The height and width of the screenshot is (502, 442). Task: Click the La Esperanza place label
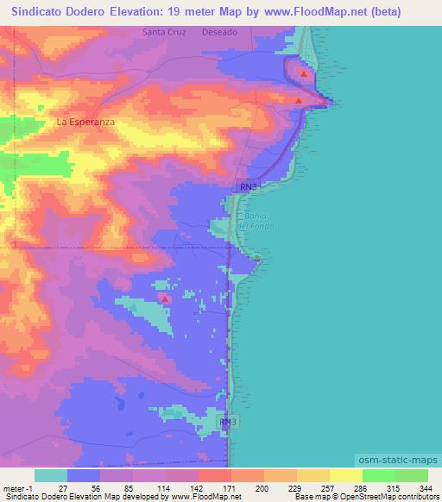tap(85, 122)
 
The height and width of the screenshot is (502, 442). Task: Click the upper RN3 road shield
tap(249, 186)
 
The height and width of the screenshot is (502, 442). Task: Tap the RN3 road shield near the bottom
tap(227, 422)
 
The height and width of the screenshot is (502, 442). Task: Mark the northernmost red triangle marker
tap(304, 73)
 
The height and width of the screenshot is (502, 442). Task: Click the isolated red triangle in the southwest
tap(164, 298)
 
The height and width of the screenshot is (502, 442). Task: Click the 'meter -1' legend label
tap(16, 487)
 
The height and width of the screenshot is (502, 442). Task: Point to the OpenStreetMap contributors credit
tap(393, 498)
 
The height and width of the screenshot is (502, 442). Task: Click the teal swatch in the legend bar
tap(50, 475)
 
